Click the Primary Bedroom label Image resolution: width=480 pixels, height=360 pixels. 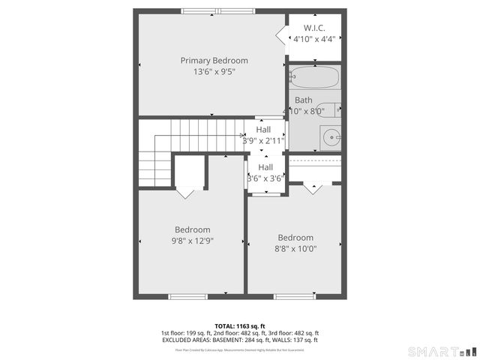coord(214,61)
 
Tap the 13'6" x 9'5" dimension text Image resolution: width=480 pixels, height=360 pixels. coord(214,73)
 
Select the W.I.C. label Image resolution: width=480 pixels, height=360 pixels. coord(314,28)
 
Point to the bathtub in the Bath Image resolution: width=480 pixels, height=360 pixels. coord(314,77)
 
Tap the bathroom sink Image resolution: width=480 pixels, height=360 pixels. coord(331,137)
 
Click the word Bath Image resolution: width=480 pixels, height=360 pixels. coord(303,100)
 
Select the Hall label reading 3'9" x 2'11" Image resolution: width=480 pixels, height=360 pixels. coord(263,139)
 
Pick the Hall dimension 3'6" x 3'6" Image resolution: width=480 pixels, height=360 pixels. coord(265,178)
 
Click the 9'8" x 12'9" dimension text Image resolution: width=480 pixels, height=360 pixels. coord(193,241)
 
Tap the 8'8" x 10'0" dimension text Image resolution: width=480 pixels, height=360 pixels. coord(295,249)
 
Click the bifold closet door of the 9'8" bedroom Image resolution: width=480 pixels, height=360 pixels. coord(185,192)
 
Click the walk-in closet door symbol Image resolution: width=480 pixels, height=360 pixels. coord(282,36)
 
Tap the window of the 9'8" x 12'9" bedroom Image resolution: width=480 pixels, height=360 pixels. coord(187,296)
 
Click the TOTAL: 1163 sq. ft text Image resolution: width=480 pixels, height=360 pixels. coord(240,325)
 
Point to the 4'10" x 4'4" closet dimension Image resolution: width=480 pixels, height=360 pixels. coord(314,39)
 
